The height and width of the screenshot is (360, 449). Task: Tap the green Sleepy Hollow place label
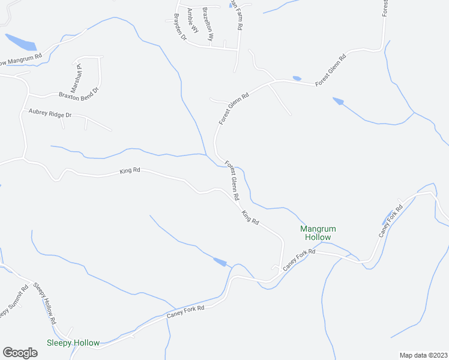(x=73, y=343)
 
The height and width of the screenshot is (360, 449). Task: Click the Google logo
(x=20, y=353)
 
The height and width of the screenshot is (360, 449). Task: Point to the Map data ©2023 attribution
(x=423, y=355)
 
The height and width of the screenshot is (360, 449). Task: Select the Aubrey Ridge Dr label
(x=47, y=113)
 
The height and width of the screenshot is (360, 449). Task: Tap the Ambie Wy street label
(x=192, y=22)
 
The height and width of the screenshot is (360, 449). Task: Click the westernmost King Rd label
(x=130, y=172)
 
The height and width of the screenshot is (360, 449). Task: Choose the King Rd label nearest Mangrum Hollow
(x=250, y=218)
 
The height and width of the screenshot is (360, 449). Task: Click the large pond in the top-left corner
(x=21, y=42)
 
